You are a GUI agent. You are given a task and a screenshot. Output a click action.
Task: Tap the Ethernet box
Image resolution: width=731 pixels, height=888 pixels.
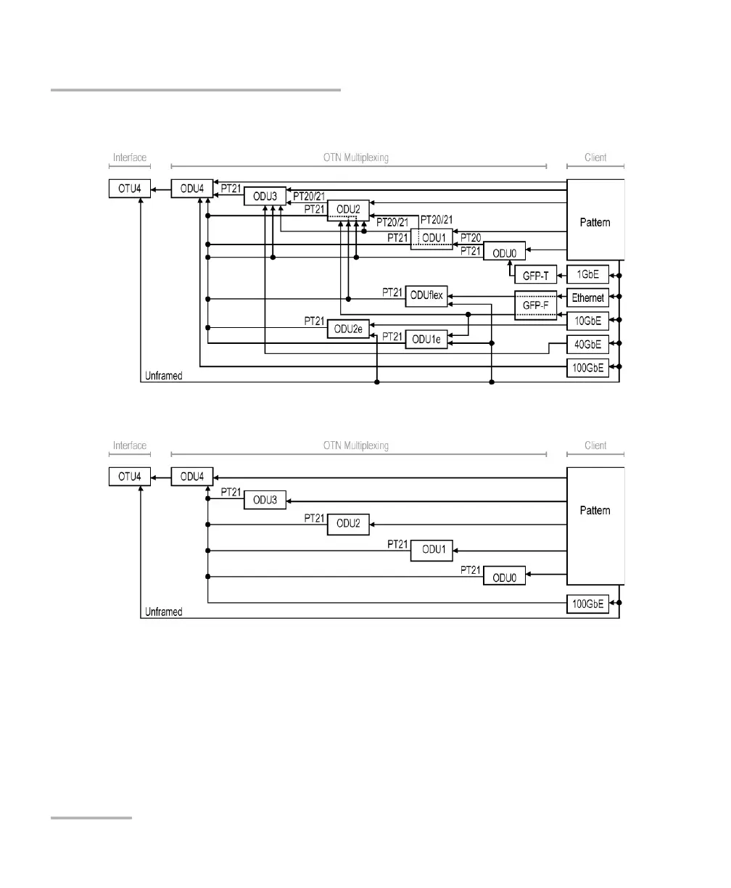[587, 297]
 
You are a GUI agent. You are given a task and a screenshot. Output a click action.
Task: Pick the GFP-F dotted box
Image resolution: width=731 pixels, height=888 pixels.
[535, 305]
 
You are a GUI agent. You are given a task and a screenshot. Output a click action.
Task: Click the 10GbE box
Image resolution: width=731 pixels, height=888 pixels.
[587, 320]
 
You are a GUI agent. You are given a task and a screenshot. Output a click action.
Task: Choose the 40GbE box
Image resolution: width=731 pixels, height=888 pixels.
[587, 344]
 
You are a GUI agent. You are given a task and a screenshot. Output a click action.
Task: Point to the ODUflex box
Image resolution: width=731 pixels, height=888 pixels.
[426, 295]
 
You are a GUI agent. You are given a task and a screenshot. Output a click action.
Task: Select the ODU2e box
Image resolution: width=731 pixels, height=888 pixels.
[348, 329]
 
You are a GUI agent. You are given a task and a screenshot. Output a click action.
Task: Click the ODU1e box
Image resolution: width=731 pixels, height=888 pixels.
[427, 340]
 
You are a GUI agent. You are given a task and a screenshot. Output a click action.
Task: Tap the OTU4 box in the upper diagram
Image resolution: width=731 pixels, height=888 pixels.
[131, 189]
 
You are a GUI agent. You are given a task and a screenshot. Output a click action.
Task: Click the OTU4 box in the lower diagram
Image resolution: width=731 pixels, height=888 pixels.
[131, 477]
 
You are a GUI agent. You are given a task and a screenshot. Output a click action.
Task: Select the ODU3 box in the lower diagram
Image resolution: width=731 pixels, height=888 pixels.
[265, 500]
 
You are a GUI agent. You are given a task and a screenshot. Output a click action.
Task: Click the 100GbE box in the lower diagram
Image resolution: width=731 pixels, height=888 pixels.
[587, 604]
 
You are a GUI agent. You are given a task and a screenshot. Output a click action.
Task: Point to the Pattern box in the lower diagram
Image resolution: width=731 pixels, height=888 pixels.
[595, 525]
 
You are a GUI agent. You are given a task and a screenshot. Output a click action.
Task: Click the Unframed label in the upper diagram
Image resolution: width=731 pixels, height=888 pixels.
[163, 376]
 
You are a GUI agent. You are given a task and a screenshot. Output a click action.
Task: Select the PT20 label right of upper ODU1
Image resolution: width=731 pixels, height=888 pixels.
[471, 238]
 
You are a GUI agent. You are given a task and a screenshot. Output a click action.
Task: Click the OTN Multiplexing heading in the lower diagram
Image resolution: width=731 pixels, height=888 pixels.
[356, 445]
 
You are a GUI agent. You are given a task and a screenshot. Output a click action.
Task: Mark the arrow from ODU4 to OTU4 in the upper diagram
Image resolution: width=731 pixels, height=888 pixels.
[161, 189]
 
